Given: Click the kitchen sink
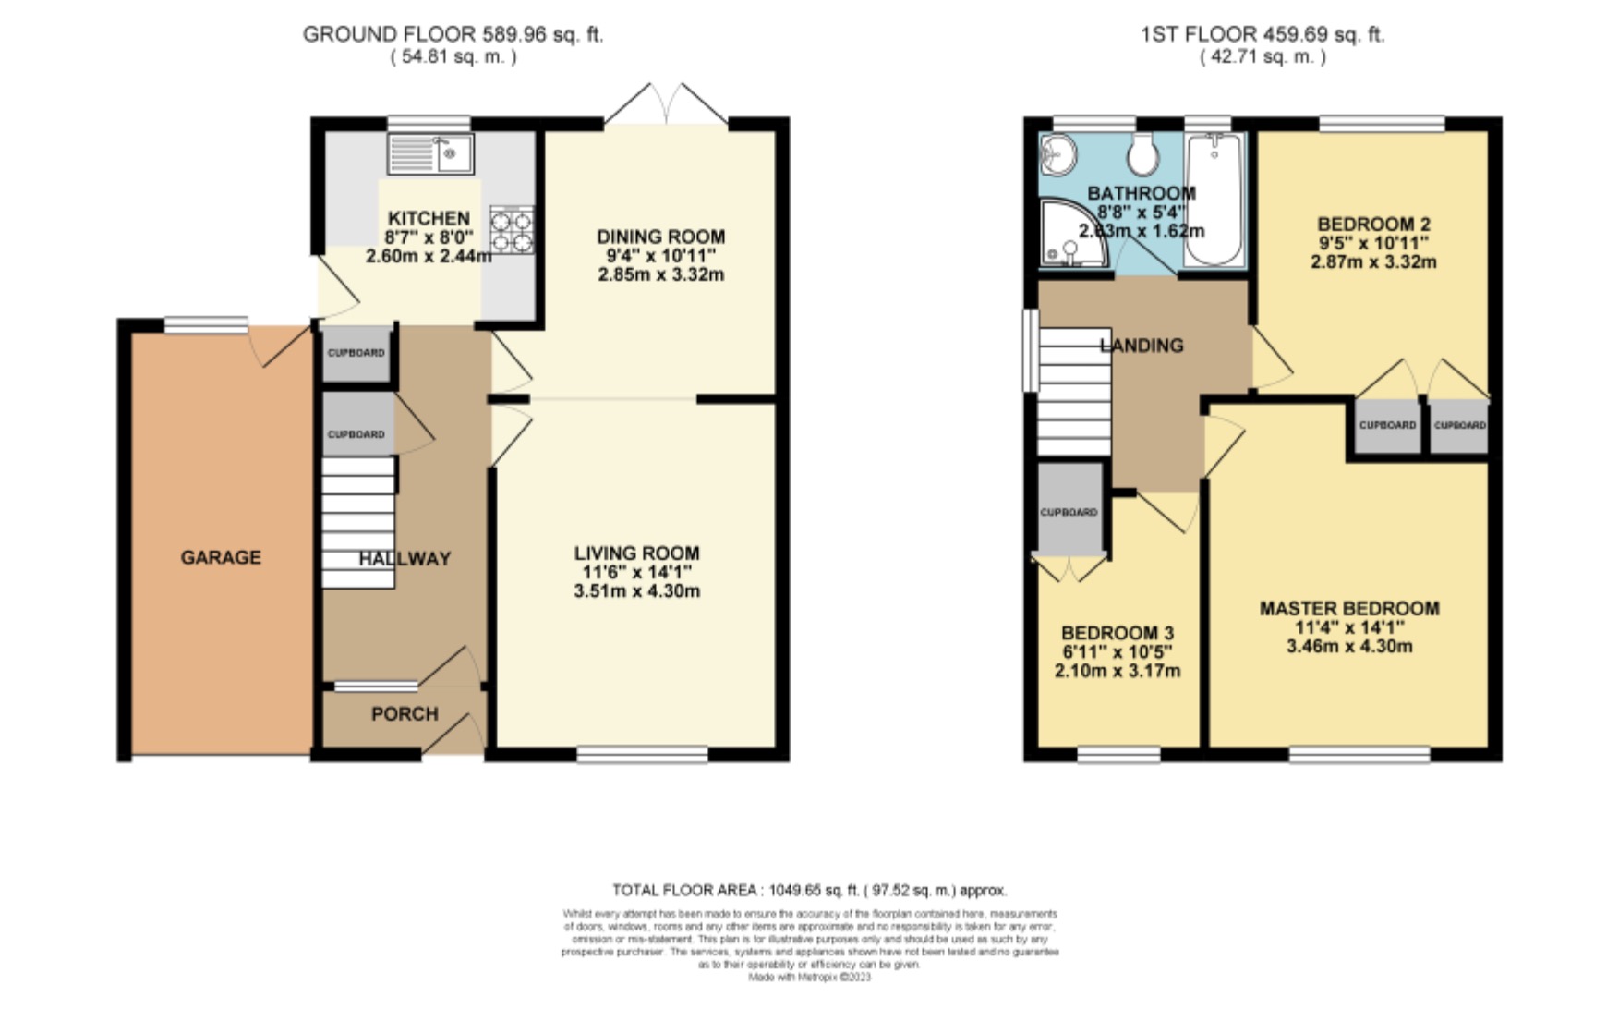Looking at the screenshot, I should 429,153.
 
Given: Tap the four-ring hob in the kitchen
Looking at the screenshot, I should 512,230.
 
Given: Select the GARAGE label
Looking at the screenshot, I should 221,557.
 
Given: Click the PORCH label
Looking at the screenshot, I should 405,714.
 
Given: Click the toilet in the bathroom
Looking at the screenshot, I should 1143,154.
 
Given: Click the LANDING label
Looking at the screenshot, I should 1142,346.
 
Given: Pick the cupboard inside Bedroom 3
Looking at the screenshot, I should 1069,511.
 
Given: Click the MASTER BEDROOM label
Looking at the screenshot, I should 1349,608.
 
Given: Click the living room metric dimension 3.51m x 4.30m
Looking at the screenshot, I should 636,591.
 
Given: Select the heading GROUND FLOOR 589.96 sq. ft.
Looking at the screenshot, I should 453,35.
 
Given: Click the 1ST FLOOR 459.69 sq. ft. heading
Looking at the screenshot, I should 1263,35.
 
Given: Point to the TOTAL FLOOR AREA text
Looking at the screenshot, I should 809,891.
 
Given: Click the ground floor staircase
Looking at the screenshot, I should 358,522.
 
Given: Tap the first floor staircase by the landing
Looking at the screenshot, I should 1073,392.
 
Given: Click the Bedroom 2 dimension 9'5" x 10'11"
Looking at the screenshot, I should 1373,243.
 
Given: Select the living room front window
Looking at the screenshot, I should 642,756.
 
